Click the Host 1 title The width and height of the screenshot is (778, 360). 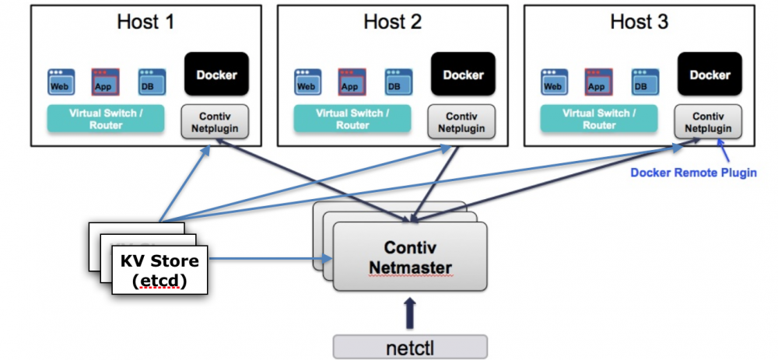pos(145,22)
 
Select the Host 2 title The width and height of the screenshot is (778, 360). pos(392,22)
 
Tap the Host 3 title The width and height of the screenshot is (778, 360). pos(639,22)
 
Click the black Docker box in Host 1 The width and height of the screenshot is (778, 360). pos(216,75)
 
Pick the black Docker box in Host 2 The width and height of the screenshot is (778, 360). pos(463,75)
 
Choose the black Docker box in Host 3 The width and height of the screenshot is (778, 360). pos(710,75)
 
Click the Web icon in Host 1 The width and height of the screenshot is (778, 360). pos(59,82)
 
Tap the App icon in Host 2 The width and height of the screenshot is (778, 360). pos(350,82)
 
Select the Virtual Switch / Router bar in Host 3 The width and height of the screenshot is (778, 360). pos(599,118)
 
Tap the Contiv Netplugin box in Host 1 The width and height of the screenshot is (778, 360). pos(215,122)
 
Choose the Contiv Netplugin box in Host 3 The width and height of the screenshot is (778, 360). pos(709,122)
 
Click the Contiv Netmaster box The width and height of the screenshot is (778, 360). pos(409,257)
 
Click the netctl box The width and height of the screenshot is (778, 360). pos(409,346)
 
